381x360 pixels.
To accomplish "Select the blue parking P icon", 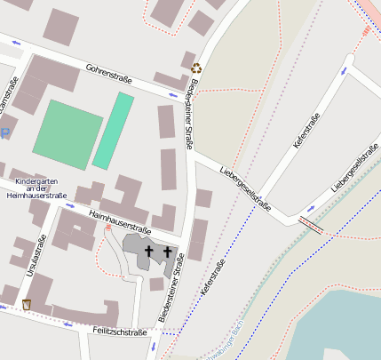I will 4,133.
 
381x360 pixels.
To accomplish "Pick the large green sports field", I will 67,134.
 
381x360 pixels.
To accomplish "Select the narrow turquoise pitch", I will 114,130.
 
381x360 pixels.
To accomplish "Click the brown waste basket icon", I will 26,305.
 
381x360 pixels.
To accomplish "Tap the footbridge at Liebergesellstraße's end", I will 312,223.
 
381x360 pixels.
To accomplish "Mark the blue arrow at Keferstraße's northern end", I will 344,69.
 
